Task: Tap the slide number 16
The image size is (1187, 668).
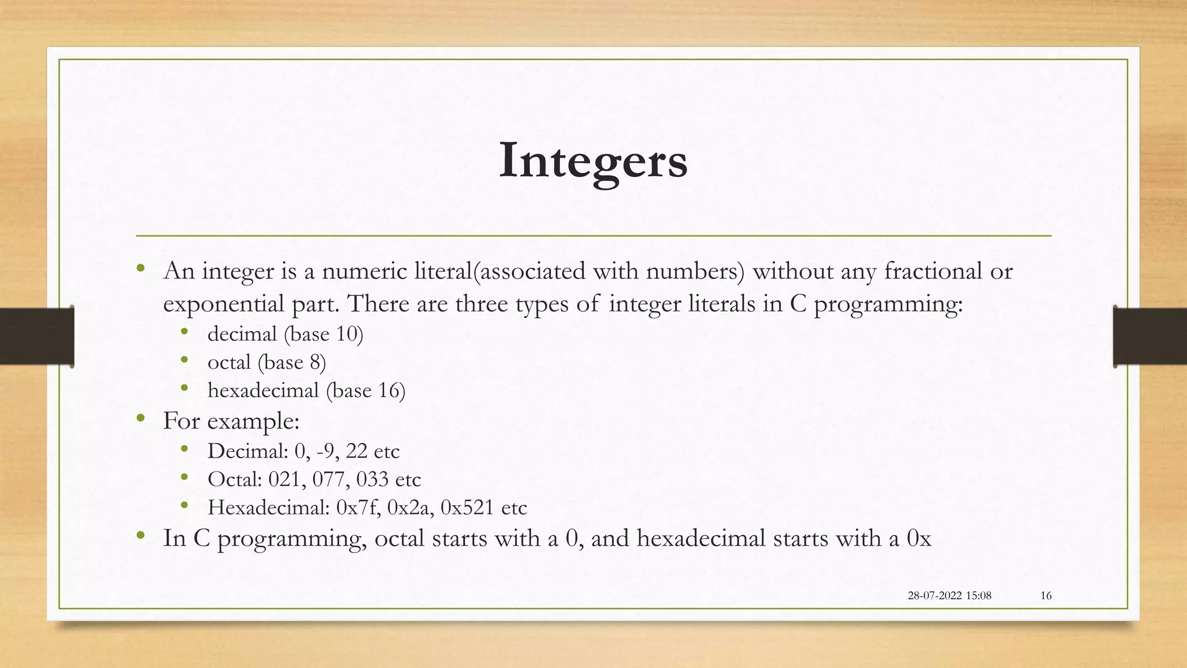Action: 1046,596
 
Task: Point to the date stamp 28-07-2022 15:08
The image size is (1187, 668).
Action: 949,596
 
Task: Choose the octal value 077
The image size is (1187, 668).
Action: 330,480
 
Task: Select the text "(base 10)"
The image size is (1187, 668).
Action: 323,335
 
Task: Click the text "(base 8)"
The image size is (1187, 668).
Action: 292,363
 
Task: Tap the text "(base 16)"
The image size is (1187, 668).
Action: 366,391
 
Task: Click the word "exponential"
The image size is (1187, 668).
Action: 223,304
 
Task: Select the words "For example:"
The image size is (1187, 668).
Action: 231,421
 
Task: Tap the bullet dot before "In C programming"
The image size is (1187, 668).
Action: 140,536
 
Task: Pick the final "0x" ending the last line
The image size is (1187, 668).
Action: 919,539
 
